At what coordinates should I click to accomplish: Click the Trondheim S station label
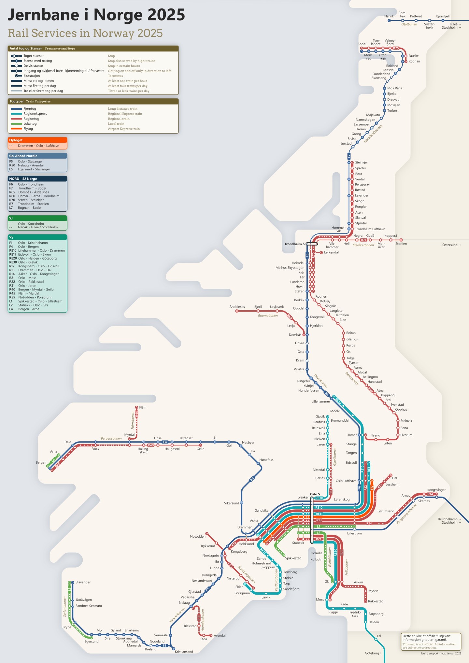[x=294, y=244]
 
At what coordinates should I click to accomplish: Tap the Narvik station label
[x=389, y=16]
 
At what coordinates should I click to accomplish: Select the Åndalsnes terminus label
[x=237, y=307]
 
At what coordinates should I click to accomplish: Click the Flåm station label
[x=143, y=407]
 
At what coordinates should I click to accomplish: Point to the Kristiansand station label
[x=184, y=652]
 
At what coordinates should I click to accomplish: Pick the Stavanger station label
[x=83, y=582]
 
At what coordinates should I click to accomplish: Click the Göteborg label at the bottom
[x=372, y=653]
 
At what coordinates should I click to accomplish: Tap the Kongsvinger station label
[x=436, y=490]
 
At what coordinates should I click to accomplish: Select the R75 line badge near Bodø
[x=396, y=48]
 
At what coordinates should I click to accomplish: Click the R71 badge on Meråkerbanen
[x=363, y=240]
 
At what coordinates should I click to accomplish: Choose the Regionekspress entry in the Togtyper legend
[x=35, y=114]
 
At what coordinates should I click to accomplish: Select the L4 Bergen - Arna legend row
[x=28, y=309]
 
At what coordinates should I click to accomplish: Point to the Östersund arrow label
[x=451, y=245]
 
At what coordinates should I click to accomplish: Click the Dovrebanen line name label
[x=320, y=381]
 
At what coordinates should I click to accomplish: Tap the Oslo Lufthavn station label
[x=346, y=481]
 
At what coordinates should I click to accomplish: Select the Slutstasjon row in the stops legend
[x=32, y=76]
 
